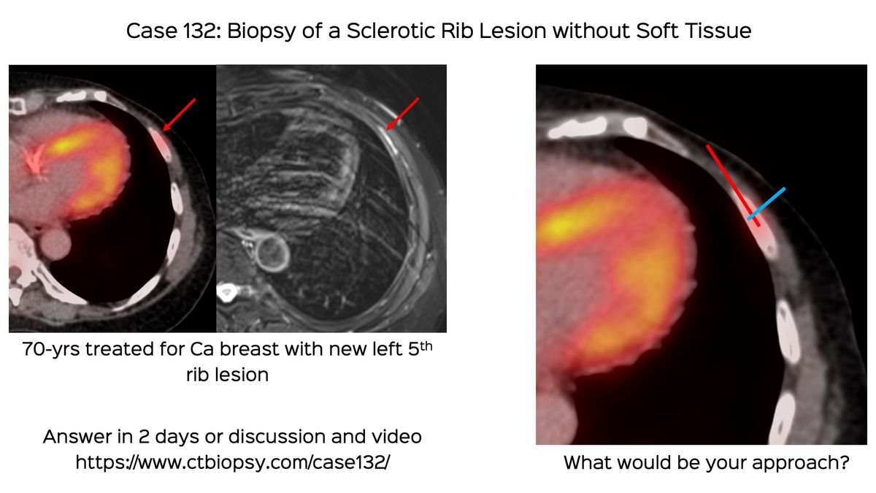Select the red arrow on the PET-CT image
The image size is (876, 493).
click(180, 115)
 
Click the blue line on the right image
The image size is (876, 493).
click(767, 203)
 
